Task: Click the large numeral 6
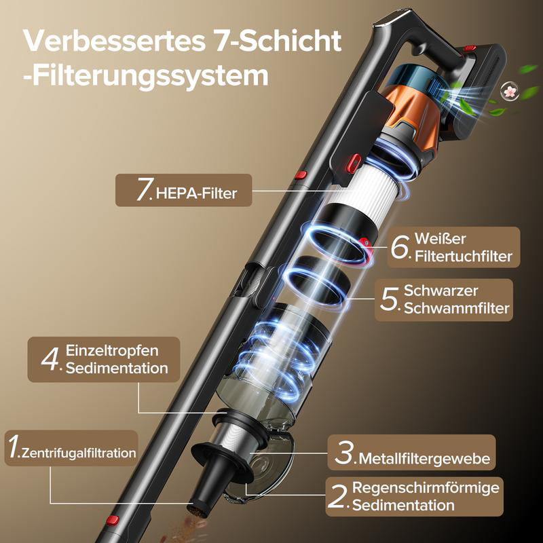[401, 248]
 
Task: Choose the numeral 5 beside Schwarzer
[389, 299]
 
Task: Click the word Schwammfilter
[456, 309]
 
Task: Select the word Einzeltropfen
[112, 351]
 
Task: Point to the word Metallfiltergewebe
[424, 460]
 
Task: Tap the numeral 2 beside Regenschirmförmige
[337, 496]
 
